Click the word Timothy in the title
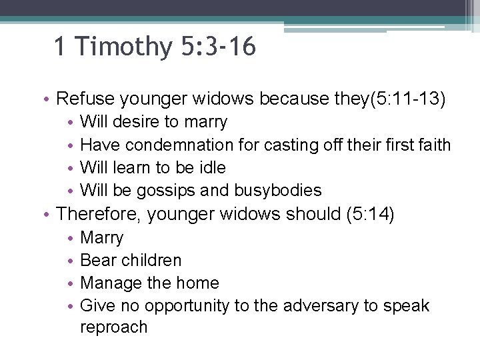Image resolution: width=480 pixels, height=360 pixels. (x=123, y=47)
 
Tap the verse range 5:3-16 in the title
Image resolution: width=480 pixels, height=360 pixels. (x=217, y=47)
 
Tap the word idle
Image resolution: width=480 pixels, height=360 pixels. (x=213, y=167)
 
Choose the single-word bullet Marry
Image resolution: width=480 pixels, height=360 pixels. (x=101, y=237)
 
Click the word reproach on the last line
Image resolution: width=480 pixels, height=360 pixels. (x=113, y=327)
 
